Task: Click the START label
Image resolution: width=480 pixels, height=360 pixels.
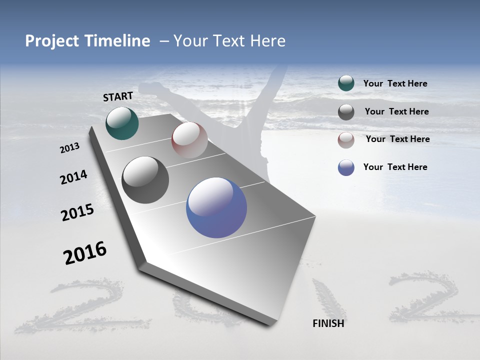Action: point(118,96)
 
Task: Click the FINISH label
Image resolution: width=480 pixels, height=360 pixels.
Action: point(328,323)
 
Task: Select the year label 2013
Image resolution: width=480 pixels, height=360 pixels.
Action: point(70,147)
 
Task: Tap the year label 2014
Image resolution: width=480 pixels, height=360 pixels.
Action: point(73,177)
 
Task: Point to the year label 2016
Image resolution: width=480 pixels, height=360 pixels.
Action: point(85,253)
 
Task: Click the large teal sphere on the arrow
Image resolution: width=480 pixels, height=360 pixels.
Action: point(122,123)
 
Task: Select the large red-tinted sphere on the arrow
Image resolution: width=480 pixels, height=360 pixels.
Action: point(189,140)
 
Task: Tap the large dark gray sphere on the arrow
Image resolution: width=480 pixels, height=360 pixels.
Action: point(145,180)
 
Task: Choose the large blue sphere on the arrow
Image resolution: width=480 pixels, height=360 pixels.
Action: point(216,208)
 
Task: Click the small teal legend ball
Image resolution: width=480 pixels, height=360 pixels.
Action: point(346,83)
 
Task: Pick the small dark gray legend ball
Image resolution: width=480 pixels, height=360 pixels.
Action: point(346,112)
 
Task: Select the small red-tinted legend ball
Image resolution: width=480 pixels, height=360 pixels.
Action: point(346,140)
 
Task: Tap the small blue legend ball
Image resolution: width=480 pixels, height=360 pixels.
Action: point(346,167)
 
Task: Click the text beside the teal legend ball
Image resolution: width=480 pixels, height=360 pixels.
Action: point(395,84)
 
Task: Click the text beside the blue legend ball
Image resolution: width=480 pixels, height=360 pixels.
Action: point(395,167)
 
